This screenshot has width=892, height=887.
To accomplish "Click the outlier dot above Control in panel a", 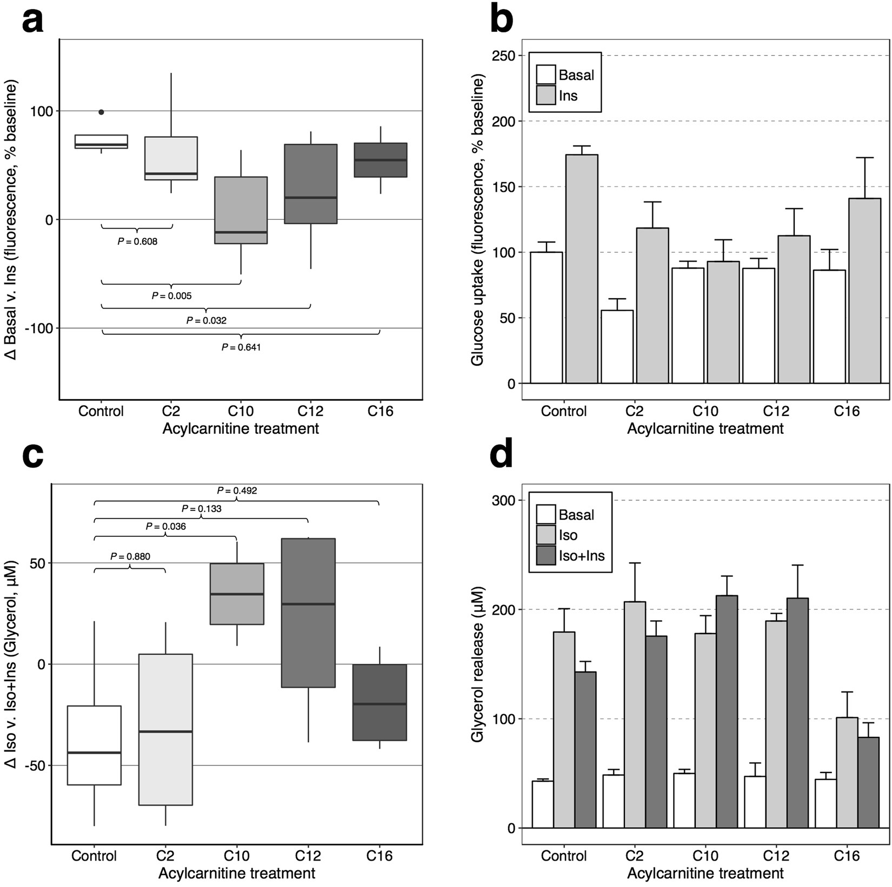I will pyautogui.click(x=101, y=112).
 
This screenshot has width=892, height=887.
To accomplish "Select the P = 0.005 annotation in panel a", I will pyautogui.click(x=171, y=296).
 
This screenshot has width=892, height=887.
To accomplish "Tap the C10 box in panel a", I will pyautogui.click(x=241, y=210).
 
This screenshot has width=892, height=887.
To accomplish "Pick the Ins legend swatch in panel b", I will pyautogui.click(x=546, y=95).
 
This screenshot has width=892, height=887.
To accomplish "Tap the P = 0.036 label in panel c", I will pyautogui.click(x=165, y=526).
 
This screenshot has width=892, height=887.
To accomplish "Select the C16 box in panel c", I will pyautogui.click(x=379, y=702).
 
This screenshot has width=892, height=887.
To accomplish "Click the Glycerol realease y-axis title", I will pyautogui.click(x=478, y=665).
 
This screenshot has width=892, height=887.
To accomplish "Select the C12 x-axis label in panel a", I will pyautogui.click(x=310, y=411).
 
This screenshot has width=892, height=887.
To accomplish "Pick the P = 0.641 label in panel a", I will pyautogui.click(x=241, y=347).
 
